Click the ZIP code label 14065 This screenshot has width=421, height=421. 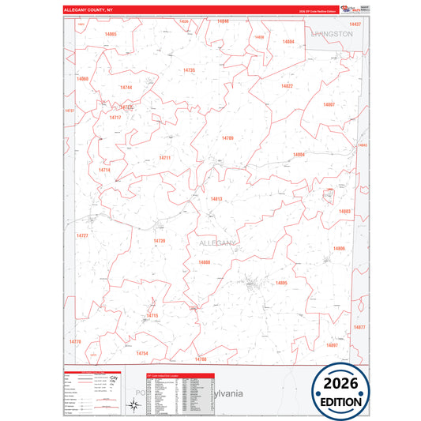(x=110, y=35)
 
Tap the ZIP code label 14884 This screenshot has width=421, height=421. (x=288, y=41)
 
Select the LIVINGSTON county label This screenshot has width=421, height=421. (x=332, y=35)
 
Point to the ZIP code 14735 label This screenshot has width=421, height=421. (x=189, y=70)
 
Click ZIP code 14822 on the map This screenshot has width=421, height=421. (x=287, y=86)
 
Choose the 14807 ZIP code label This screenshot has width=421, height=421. (x=329, y=104)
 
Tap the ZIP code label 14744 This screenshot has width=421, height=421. (x=126, y=87)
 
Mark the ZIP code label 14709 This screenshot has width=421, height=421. (x=227, y=138)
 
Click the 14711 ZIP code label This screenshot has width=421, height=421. (x=164, y=158)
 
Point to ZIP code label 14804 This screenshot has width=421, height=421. (x=299, y=155)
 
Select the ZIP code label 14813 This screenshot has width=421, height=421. (x=216, y=199)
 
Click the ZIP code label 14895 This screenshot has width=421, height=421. (x=281, y=283)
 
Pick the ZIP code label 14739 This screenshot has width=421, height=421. (x=160, y=241)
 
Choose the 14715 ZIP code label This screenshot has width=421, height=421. (x=152, y=316)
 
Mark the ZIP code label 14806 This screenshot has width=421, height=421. (x=340, y=249)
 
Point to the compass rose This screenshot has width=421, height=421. (x=135, y=406)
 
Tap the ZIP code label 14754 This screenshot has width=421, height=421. (x=142, y=353)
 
